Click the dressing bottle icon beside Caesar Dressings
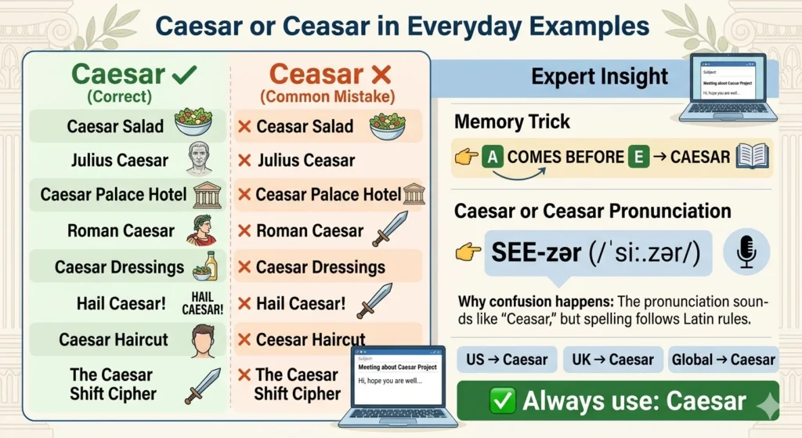click(206, 266)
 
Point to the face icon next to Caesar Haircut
click(203, 340)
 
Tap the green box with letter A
click(493, 157)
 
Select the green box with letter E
click(638, 157)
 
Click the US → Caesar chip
click(507, 360)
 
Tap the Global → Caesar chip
click(723, 360)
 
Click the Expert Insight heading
click(600, 77)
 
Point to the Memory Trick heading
click(512, 122)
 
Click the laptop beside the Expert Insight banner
click(728, 87)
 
